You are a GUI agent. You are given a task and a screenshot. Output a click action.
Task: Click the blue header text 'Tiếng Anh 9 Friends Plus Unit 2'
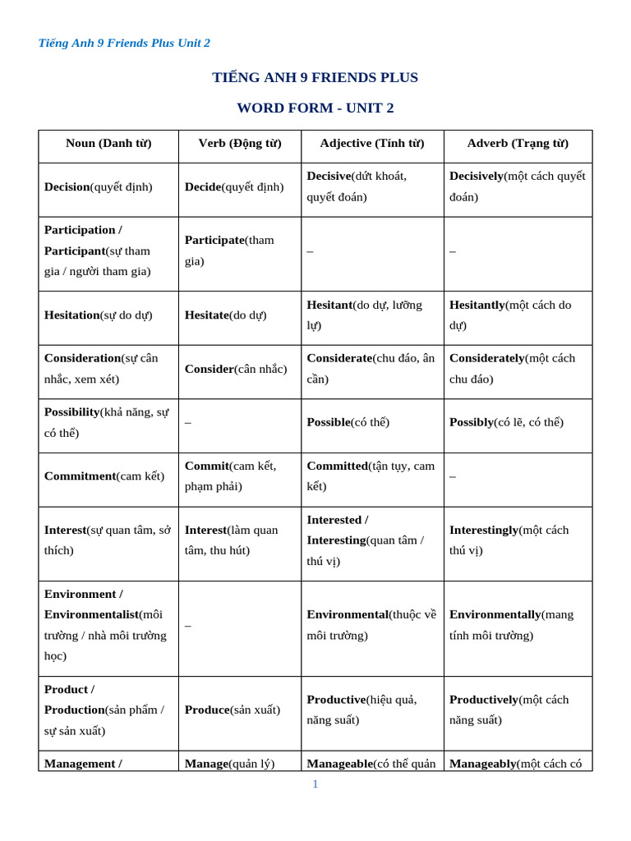pyautogui.click(x=124, y=44)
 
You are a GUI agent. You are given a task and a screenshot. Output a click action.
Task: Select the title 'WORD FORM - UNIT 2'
pyautogui.click(x=315, y=108)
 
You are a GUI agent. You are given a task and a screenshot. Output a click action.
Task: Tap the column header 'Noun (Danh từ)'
pyautogui.click(x=108, y=144)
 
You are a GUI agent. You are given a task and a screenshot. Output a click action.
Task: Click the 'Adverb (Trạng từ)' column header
pyautogui.click(x=518, y=144)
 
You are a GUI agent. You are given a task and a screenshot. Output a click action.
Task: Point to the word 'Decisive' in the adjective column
pyautogui.click(x=329, y=176)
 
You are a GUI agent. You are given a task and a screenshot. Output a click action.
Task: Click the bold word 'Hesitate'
pyautogui.click(x=206, y=315)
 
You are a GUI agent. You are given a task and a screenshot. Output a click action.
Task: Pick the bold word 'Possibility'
pyautogui.click(x=71, y=411)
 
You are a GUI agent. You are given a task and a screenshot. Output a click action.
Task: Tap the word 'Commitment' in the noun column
pyautogui.click(x=80, y=476)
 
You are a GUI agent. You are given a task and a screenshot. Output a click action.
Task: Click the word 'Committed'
pyautogui.click(x=337, y=466)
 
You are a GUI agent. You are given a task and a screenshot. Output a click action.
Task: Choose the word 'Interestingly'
pyautogui.click(x=484, y=531)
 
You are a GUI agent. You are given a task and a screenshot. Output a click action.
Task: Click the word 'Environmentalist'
pyautogui.click(x=91, y=615)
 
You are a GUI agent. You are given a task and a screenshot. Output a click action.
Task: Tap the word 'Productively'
pyautogui.click(x=484, y=700)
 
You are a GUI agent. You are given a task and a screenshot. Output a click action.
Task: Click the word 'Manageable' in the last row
pyautogui.click(x=339, y=764)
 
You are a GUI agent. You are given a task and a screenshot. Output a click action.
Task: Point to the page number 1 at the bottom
pyautogui.click(x=315, y=784)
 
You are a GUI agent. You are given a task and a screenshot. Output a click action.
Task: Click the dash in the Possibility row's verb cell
pyautogui.click(x=188, y=423)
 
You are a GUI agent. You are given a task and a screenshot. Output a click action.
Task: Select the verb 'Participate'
pyautogui.click(x=214, y=240)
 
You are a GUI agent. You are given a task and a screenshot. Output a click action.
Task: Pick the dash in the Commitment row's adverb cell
pyautogui.click(x=453, y=476)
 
